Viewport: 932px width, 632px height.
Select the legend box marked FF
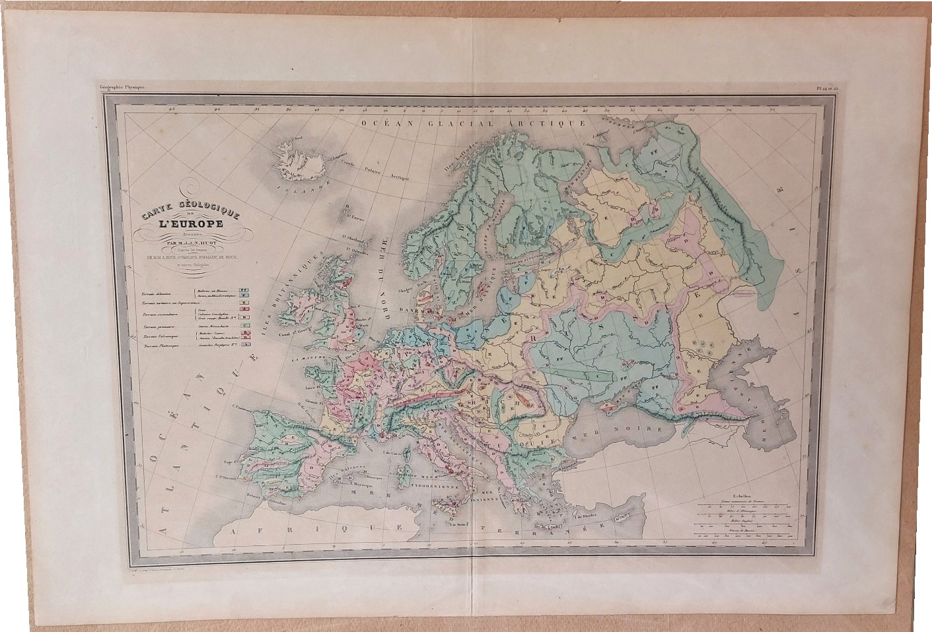(x=244, y=290)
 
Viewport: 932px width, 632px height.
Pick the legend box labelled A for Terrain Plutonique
(x=244, y=344)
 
